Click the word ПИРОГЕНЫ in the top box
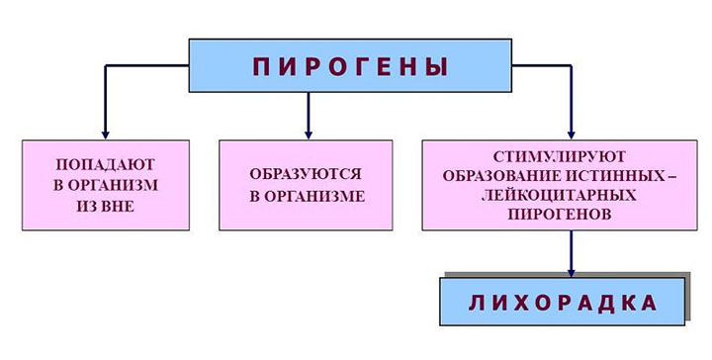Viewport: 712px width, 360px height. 350,67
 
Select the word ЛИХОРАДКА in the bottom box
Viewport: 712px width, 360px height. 563,303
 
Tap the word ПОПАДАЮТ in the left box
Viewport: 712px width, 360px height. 105,162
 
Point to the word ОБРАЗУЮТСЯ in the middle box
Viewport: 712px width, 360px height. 307,173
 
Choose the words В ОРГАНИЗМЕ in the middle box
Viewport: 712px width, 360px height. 307,196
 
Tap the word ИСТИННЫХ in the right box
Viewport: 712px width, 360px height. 610,174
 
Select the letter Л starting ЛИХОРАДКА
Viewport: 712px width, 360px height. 474,303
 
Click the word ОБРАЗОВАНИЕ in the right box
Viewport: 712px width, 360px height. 498,174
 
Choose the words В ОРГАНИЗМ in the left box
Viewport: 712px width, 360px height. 105,185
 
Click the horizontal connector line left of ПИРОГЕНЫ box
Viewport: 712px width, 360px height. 148,66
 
